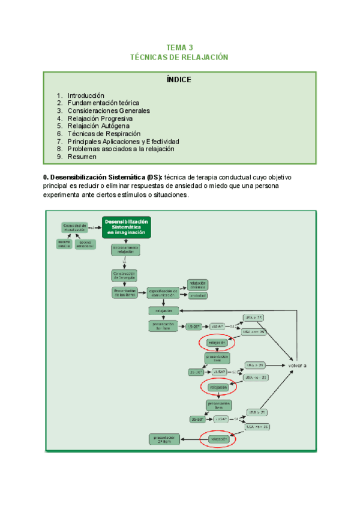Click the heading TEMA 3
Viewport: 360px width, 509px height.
pos(180,47)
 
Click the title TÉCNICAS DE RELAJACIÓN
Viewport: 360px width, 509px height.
pos(180,57)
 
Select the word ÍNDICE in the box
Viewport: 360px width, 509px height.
pos(179,80)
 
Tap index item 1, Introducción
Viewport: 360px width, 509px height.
pos(86,95)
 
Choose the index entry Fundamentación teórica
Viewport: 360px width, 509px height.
pos(103,103)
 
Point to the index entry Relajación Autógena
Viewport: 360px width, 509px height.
pos(98,126)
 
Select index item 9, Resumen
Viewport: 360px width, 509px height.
pos(82,157)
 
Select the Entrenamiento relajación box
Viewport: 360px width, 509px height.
pos(125,250)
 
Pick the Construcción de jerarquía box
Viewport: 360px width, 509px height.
pos(125,276)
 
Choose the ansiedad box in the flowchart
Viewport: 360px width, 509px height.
pos(197,296)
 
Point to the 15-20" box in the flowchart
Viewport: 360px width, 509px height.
pos(194,326)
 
